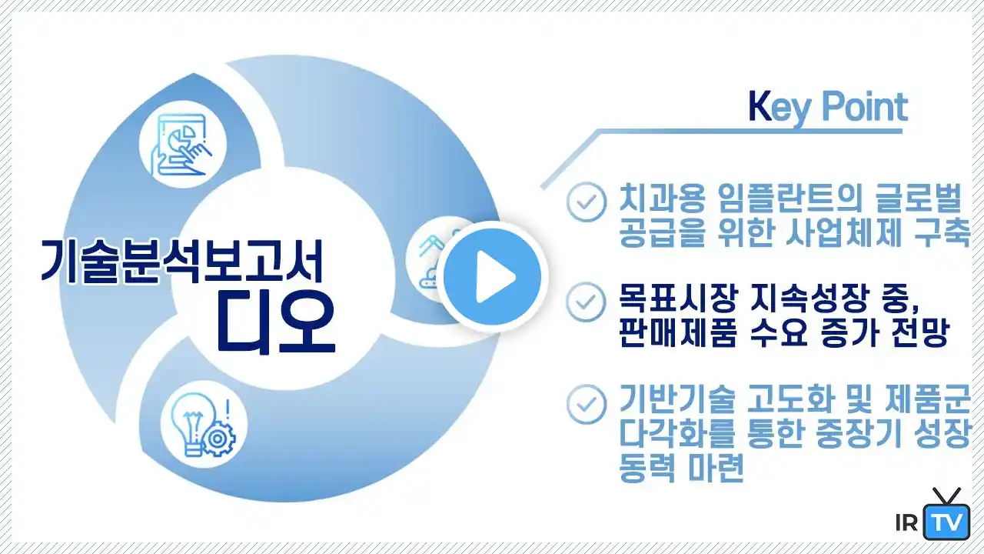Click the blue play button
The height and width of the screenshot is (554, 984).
tap(493, 277)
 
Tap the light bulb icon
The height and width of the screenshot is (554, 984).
tap(204, 424)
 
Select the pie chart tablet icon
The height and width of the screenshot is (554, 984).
tap(183, 145)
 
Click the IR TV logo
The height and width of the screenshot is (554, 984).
tap(932, 515)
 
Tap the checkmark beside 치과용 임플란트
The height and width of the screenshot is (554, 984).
tap(587, 202)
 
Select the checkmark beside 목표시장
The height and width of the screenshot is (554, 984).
tap(587, 302)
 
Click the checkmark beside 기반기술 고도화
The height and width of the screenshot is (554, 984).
tap(587, 405)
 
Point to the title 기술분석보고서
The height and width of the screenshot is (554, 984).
tap(183, 261)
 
